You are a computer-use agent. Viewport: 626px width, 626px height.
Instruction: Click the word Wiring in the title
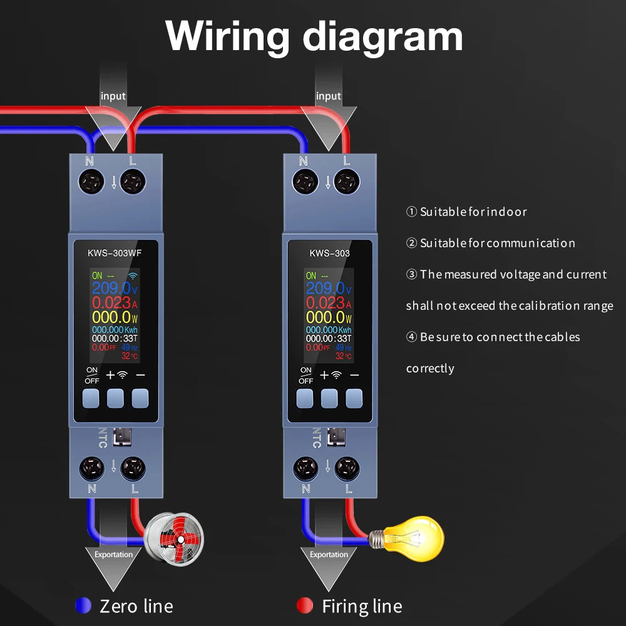(227, 36)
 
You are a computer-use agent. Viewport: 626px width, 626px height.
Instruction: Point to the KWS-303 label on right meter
(330, 254)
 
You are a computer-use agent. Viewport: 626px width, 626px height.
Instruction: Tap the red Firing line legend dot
(304, 605)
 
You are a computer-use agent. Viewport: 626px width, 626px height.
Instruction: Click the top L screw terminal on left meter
(132, 183)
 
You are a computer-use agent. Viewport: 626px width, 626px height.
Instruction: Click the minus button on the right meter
(354, 398)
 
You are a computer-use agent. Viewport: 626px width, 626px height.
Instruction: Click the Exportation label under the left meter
(113, 554)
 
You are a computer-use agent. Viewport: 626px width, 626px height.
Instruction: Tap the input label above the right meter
(328, 96)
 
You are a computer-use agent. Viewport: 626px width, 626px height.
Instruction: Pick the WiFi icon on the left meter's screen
(134, 275)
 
